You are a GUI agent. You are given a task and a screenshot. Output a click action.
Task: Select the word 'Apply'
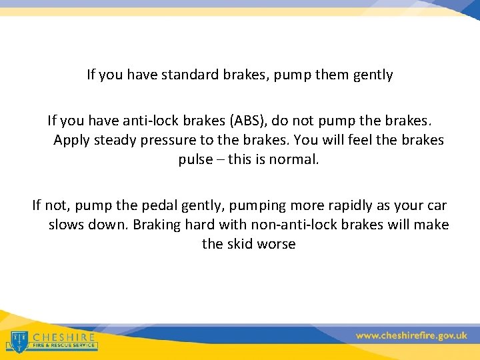coord(71,140)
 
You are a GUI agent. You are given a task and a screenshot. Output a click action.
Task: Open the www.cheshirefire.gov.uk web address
coord(411,336)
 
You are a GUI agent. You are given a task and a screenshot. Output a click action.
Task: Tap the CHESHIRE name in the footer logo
coord(64,337)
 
